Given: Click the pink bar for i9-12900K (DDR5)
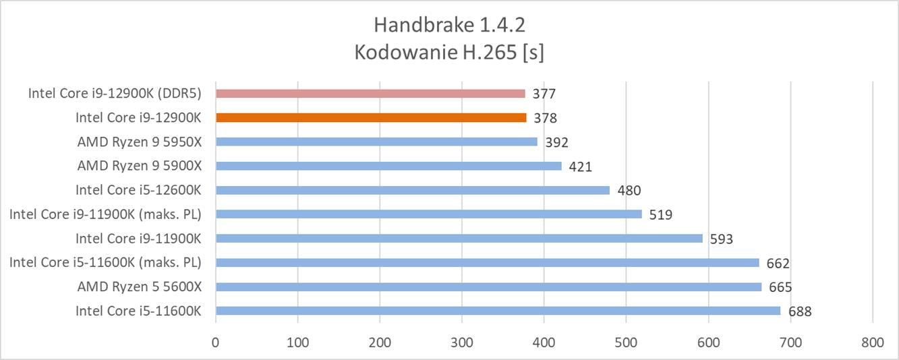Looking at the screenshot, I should pyautogui.click(x=370, y=94).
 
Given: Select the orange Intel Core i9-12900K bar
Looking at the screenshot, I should pyautogui.click(x=370, y=118).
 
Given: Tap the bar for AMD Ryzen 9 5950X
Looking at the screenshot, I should pyautogui.click(x=376, y=142).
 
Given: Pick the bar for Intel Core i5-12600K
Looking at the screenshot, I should pyautogui.click(x=412, y=190).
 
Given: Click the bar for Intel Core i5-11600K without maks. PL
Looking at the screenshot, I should pyautogui.click(x=497, y=311).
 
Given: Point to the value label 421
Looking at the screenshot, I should pyautogui.click(x=581, y=167).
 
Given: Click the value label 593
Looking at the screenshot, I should pyautogui.click(x=721, y=239).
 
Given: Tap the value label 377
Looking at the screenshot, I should pyautogui.click(x=544, y=94).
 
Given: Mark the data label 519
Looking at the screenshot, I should pyautogui.click(x=660, y=214).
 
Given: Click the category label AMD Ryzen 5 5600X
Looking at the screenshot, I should pyautogui.click(x=140, y=287).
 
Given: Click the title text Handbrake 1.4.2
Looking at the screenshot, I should pyautogui.click(x=449, y=26).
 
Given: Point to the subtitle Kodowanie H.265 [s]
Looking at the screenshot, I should pyautogui.click(x=449, y=52).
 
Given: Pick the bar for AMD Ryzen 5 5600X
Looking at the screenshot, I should pyautogui.click(x=488, y=287).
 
